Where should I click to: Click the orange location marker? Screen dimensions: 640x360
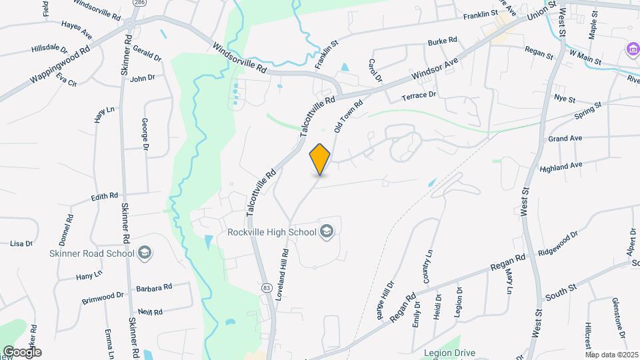pos(320,159)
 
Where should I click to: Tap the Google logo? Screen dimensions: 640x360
pos(21,352)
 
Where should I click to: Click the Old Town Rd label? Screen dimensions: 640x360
pos(348,115)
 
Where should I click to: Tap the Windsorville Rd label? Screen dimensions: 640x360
pos(239,59)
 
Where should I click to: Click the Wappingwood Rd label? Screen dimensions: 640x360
pos(60,65)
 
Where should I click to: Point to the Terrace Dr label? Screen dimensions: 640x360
pos(419,95)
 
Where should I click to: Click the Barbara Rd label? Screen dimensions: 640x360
pos(154,287)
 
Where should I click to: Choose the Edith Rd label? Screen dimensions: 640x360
pos(105,197)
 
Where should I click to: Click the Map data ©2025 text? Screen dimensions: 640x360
pos(611,355)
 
